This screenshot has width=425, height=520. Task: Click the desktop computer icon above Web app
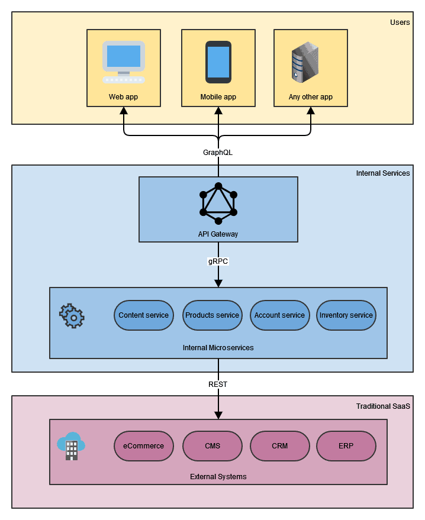tap(123, 62)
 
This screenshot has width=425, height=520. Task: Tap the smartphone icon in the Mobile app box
tap(218, 62)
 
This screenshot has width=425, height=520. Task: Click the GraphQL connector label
tap(218, 152)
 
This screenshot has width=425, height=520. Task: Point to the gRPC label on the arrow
tap(218, 261)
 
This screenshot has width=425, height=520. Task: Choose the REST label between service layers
tap(218, 384)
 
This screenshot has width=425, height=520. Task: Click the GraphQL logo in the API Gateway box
tap(218, 204)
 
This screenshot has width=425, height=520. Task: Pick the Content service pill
tap(144, 315)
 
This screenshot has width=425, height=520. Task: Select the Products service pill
tap(213, 315)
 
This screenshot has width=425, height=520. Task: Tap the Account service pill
tap(279, 315)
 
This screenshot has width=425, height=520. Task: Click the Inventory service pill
tap(346, 315)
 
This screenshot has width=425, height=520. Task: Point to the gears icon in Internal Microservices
tap(72, 316)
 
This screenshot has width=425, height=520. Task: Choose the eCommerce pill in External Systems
tap(144, 446)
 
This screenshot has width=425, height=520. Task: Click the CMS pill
tap(213, 446)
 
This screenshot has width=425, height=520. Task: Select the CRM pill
tap(280, 446)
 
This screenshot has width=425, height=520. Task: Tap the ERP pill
tap(346, 446)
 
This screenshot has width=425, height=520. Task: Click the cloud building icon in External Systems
tap(71, 447)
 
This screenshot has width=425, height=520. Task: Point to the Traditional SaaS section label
tap(383, 406)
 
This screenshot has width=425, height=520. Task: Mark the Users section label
tap(400, 22)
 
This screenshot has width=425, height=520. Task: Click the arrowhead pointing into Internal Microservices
tap(218, 283)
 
